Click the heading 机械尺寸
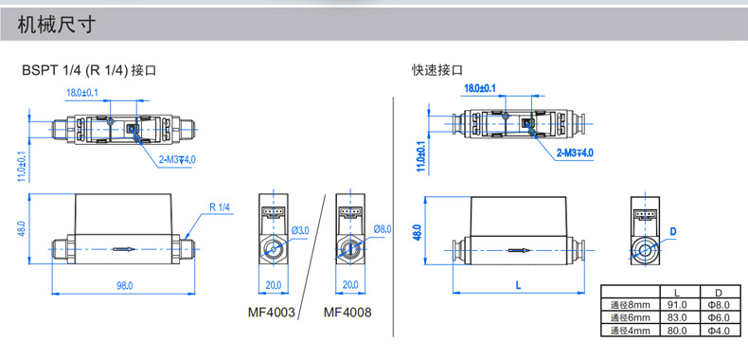(56, 25)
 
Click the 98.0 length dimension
(124, 285)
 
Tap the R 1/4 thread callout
(220, 207)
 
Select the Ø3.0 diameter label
(300, 230)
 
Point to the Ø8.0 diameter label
(383, 229)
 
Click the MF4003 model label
(272, 313)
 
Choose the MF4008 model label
(347, 313)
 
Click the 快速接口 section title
(437, 71)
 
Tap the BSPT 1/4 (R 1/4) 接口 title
(89, 71)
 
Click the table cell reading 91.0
(680, 305)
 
